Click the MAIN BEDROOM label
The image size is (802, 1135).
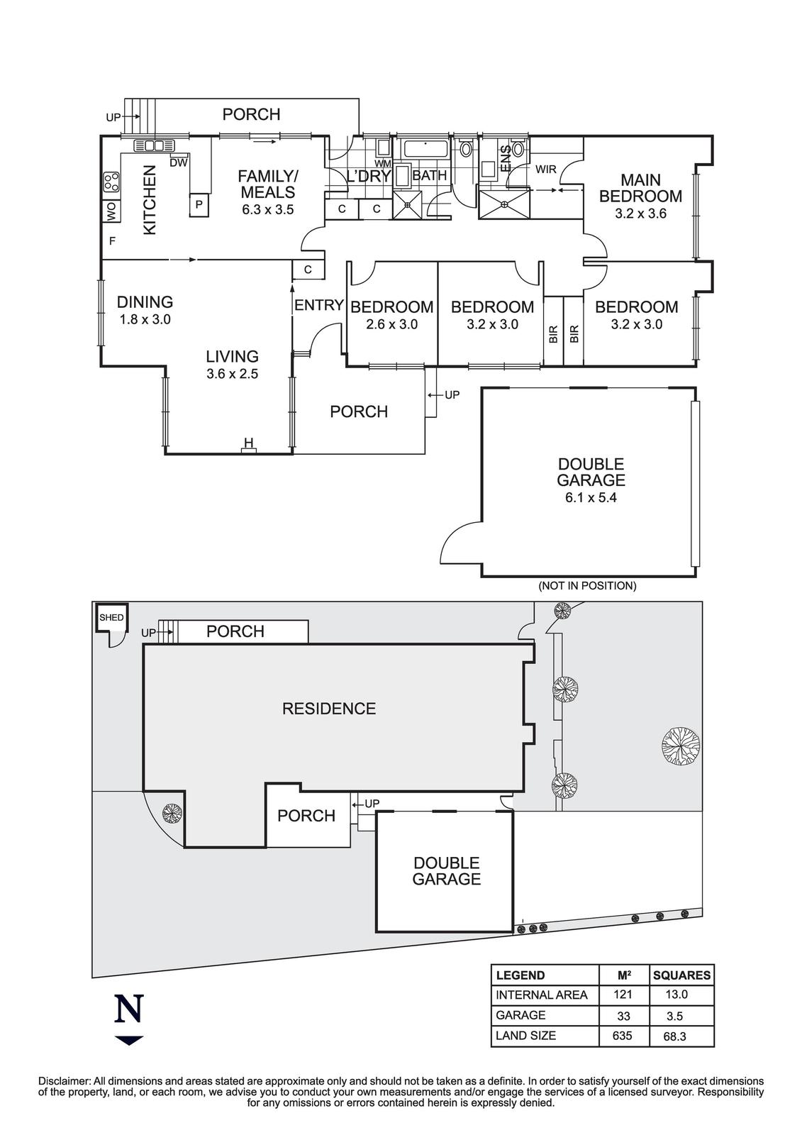pyautogui.click(x=640, y=188)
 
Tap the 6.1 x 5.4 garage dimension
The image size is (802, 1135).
pyautogui.click(x=591, y=497)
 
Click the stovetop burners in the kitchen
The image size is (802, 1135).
pyautogui.click(x=111, y=182)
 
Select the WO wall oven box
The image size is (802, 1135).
pyautogui.click(x=111, y=211)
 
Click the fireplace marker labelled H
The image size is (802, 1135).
pyautogui.click(x=248, y=445)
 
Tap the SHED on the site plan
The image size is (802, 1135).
pyautogui.click(x=111, y=618)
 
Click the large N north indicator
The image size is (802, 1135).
pyautogui.click(x=129, y=1009)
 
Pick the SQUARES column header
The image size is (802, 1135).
pyautogui.click(x=681, y=975)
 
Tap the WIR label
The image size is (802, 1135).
pyautogui.click(x=545, y=170)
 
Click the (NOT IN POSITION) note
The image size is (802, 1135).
pyautogui.click(x=587, y=586)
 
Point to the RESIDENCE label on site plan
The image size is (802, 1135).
pyautogui.click(x=329, y=709)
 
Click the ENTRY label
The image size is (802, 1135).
pyautogui.click(x=319, y=306)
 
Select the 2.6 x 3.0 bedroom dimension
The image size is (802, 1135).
pyautogui.click(x=391, y=325)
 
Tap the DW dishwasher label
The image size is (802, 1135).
pyautogui.click(x=179, y=163)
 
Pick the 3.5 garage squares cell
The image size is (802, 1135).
pyautogui.click(x=674, y=1015)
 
